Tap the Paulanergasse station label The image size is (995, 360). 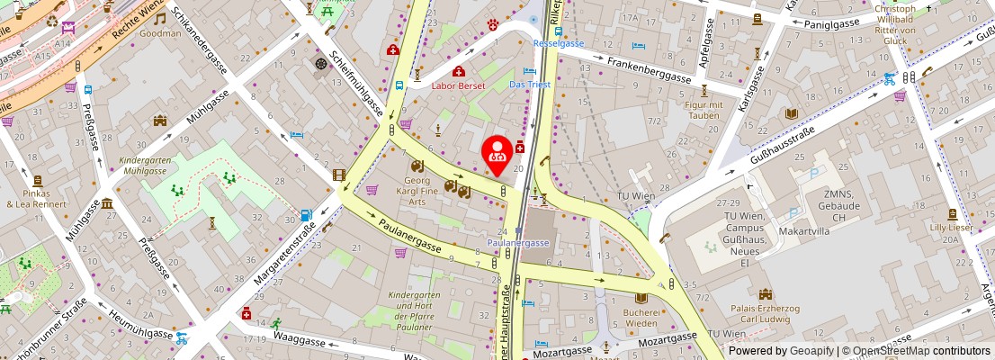click(x=518, y=243)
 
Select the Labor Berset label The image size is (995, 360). click(x=458, y=85)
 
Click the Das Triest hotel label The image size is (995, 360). click(x=529, y=85)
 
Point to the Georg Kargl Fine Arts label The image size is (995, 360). click(x=418, y=191)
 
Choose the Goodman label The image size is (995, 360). click(x=160, y=33)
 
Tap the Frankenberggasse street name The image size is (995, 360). click(x=648, y=69)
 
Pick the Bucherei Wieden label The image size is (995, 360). click(x=641, y=318)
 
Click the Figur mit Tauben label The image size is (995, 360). click(x=704, y=110)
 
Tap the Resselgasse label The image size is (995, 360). click(x=558, y=43)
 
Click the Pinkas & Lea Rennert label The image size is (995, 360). click(x=36, y=198)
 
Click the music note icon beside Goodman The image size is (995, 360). click(x=160, y=18)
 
